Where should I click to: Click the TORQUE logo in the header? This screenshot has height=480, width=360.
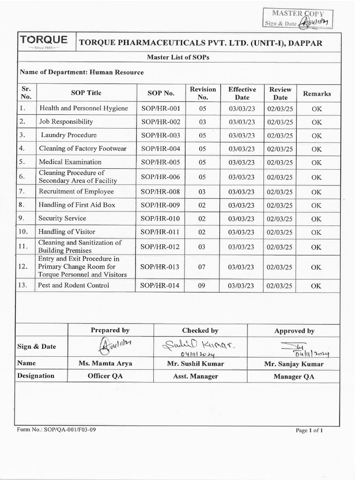point(44,41)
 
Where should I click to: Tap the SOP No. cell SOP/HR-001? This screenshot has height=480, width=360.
point(160,108)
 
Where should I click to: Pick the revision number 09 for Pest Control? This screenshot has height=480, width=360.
point(202,285)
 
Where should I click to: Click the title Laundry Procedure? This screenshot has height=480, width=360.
point(68,135)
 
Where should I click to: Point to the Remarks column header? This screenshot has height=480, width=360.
point(316,93)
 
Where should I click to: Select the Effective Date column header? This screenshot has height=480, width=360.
point(242,93)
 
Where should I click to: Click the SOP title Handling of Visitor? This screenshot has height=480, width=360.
point(67,232)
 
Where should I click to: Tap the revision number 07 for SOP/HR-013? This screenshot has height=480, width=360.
point(202,267)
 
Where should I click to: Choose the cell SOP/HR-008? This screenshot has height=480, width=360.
point(160,191)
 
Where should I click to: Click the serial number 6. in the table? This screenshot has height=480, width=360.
point(22,177)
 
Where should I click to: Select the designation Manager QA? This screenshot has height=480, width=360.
point(294,376)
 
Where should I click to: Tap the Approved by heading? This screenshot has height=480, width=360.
point(294,331)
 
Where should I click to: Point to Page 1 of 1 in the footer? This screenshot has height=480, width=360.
point(309,430)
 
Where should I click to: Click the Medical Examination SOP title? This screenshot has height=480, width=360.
point(70,162)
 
